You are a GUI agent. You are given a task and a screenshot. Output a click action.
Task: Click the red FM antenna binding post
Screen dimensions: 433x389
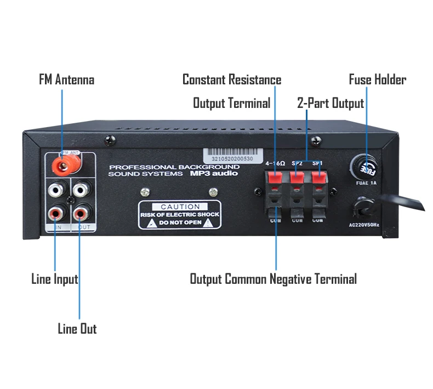[63, 163]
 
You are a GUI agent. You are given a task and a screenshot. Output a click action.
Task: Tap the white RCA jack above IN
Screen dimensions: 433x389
[55, 190]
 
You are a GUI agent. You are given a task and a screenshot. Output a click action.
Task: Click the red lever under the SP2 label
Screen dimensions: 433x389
[297, 177]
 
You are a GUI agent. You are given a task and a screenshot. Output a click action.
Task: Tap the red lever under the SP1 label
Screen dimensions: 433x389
[318, 177]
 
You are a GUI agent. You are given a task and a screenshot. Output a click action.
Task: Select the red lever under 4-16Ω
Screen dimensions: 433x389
[276, 177]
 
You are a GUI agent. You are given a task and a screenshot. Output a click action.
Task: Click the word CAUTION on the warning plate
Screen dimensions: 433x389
[180, 207]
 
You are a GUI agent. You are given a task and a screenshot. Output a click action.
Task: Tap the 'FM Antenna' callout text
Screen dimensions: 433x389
[66, 80]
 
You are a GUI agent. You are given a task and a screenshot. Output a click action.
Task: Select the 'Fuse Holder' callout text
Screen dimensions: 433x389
[377, 80]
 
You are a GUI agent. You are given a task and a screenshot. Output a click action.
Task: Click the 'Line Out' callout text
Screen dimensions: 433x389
[77, 329]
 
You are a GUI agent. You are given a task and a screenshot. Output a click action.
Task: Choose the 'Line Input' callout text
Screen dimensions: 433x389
[54, 279]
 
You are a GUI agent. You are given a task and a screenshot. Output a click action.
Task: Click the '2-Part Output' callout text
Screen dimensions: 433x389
[331, 103]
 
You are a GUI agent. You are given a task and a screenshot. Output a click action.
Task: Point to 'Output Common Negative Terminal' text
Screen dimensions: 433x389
[273, 279]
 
